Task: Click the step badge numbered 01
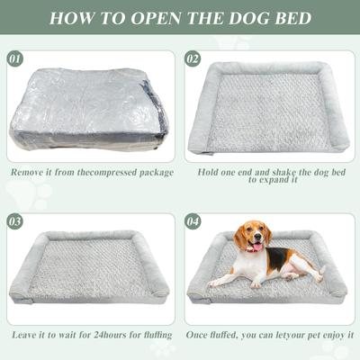[15, 59]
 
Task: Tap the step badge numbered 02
[193, 59]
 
